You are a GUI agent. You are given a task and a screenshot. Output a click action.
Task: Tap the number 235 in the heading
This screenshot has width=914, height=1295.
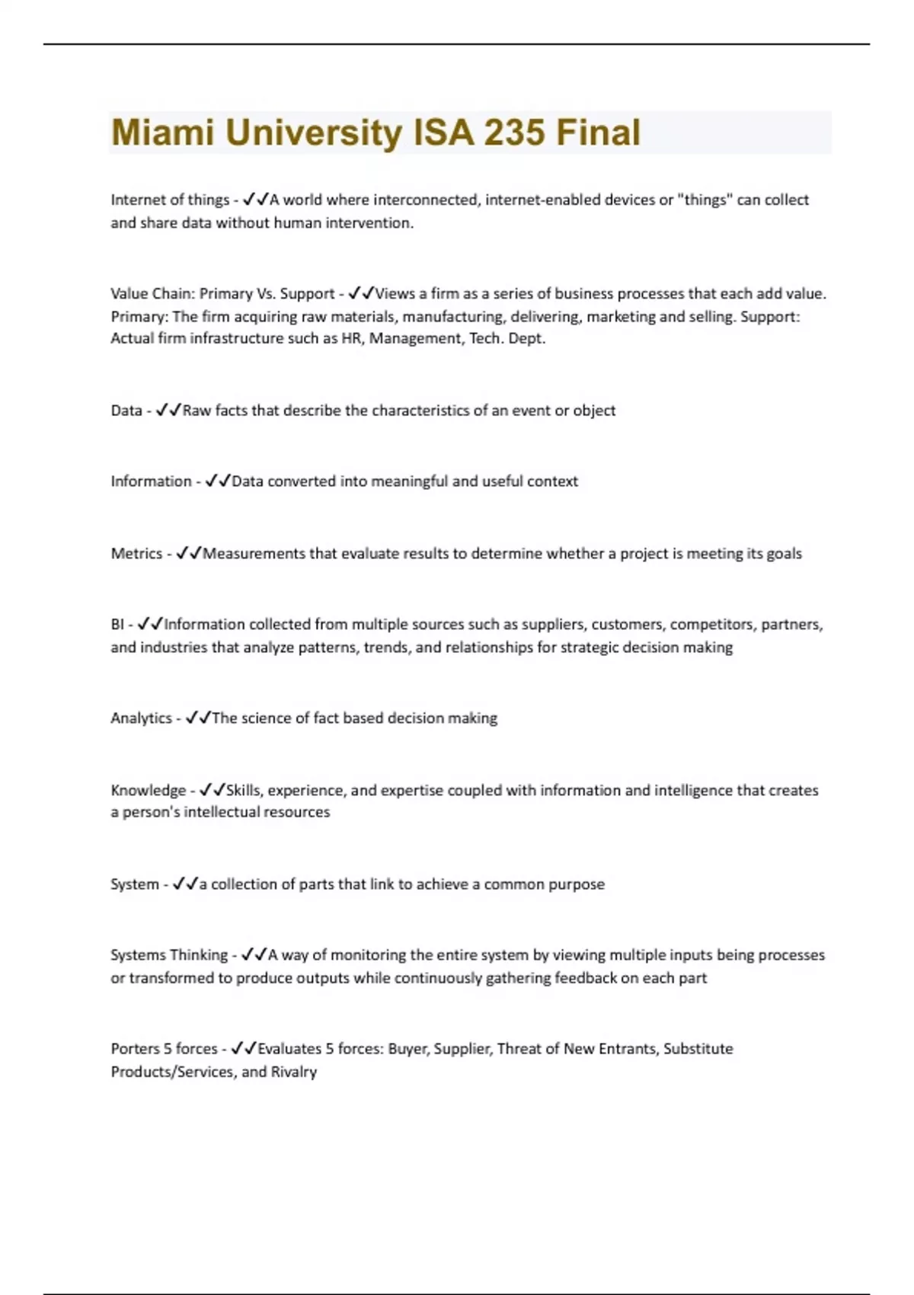pyautogui.click(x=514, y=133)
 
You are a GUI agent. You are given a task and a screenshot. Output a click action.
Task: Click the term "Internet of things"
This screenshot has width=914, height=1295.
pyautogui.click(x=170, y=200)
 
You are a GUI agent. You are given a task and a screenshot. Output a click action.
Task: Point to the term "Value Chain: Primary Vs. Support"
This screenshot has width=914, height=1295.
pyautogui.click(x=222, y=293)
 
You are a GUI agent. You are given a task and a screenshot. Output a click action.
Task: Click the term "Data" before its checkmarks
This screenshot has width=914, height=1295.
pyautogui.click(x=126, y=411)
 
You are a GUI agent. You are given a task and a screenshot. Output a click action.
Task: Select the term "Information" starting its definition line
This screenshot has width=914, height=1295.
pyautogui.click(x=151, y=481)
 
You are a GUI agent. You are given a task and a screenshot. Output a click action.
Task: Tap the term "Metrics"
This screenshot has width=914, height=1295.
pyautogui.click(x=136, y=554)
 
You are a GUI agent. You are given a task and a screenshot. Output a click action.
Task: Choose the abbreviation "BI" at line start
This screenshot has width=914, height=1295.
pyautogui.click(x=117, y=625)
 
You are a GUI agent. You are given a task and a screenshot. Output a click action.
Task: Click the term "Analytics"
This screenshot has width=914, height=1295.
pyautogui.click(x=141, y=718)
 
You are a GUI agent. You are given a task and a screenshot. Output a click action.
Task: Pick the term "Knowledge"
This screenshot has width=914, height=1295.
pyautogui.click(x=148, y=790)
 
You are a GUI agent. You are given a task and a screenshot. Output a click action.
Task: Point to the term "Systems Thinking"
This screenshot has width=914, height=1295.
pyautogui.click(x=169, y=955)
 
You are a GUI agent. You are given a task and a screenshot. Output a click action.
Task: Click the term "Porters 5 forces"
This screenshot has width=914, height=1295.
pyautogui.click(x=164, y=1049)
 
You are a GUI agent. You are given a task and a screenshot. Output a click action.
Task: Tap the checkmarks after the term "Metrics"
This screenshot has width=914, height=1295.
pyautogui.click(x=188, y=554)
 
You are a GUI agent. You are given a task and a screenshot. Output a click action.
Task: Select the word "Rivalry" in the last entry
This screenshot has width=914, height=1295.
pyautogui.click(x=294, y=1072)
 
